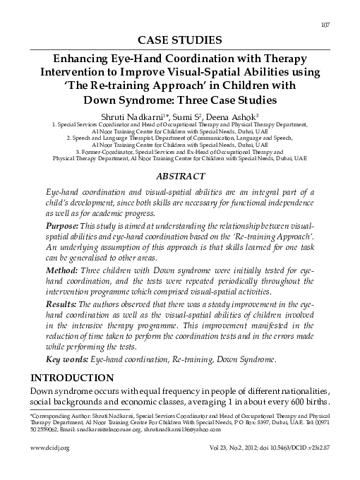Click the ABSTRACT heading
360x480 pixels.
tap(179, 173)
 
